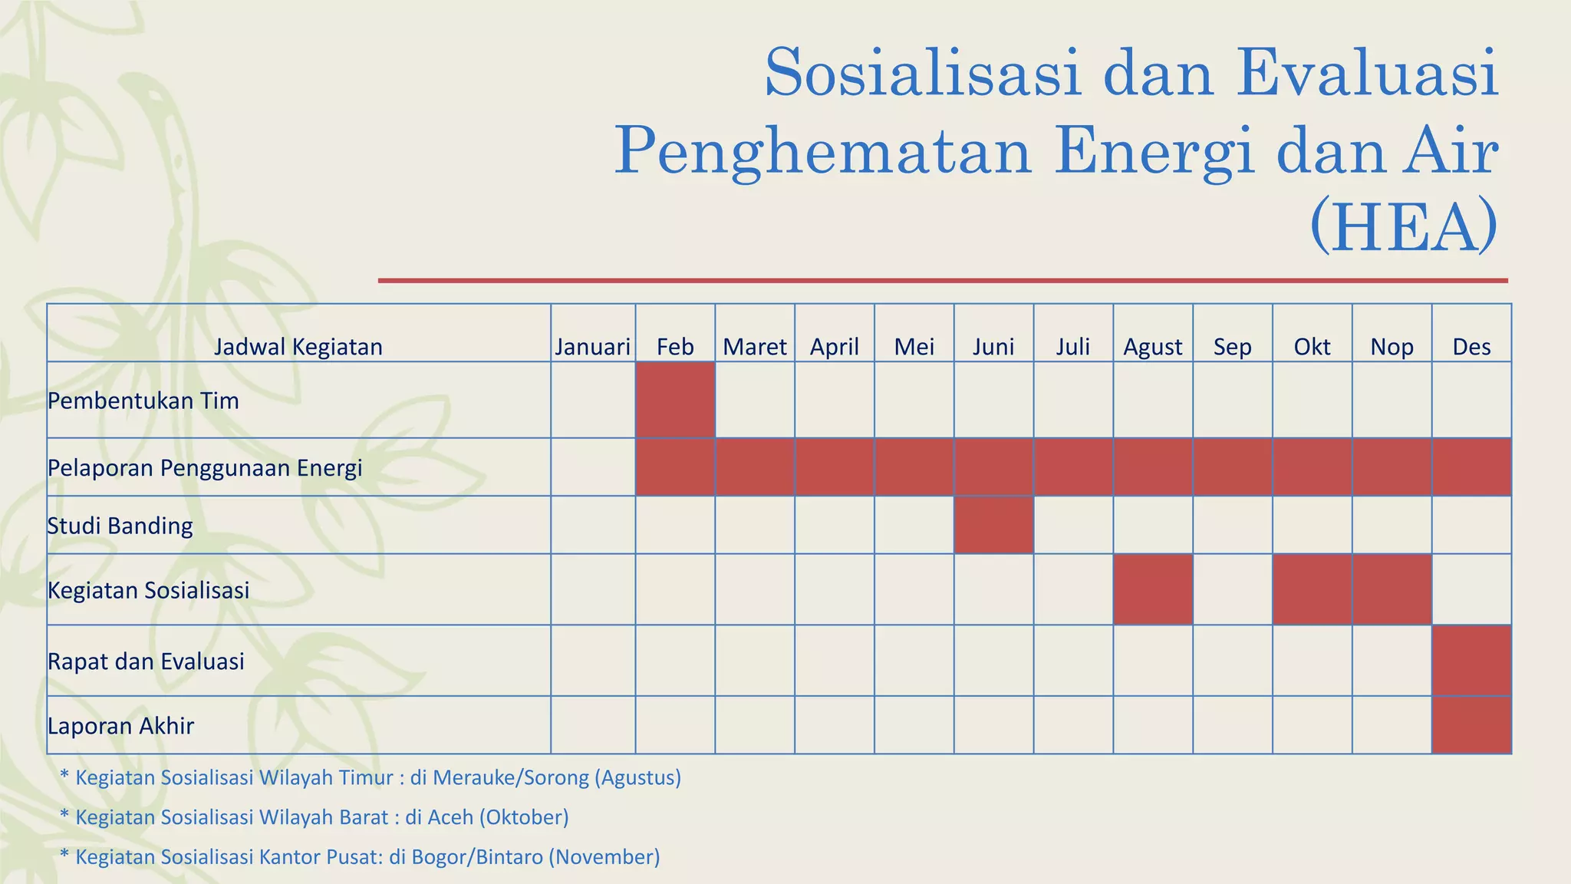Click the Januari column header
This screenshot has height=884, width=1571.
[592, 347]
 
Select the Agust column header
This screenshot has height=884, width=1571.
[1152, 347]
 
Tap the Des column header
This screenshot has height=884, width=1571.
[1471, 347]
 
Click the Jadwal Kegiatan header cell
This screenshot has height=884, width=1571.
[298, 347]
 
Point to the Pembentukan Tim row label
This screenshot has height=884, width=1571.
[143, 401]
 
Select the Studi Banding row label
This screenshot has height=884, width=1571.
[120, 526]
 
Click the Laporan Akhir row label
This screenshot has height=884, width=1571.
[120, 725]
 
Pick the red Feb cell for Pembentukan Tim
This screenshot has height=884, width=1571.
[675, 400]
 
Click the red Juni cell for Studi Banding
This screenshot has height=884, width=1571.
[993, 525]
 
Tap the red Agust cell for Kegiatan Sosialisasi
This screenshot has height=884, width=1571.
[1152, 589]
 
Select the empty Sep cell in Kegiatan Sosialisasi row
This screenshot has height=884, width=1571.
[1232, 589]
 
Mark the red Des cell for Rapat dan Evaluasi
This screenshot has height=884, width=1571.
[1471, 661]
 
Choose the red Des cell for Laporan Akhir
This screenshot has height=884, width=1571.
[1471, 725]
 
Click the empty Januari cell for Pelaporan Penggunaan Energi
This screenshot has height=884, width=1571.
[592, 467]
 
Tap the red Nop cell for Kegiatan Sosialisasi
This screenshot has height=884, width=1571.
[1391, 589]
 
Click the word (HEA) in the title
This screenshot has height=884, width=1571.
[1404, 227]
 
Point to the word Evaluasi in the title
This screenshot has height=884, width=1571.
[1367, 74]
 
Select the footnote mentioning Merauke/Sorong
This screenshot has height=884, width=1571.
[371, 777]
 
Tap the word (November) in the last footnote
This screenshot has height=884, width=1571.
[604, 857]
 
